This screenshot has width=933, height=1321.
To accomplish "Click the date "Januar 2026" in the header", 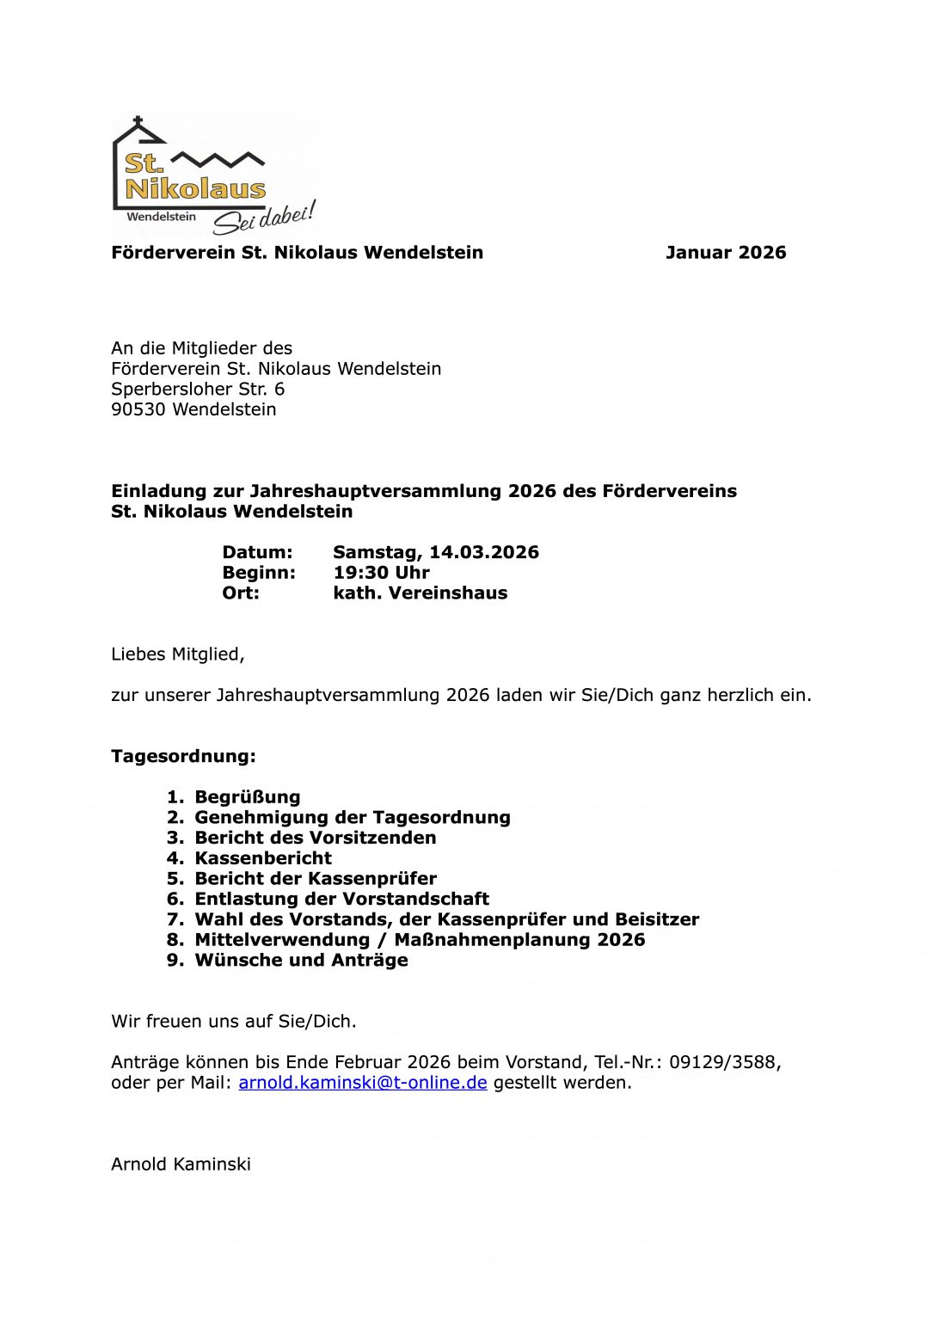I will tap(726, 253).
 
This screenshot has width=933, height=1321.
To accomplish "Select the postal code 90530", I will tap(138, 409).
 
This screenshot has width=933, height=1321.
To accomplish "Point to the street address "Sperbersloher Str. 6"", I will tap(198, 389).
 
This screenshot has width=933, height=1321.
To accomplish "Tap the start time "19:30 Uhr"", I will tap(381, 573).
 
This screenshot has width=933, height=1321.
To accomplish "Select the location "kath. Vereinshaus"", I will tap(420, 593).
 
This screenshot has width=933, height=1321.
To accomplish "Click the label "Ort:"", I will tap(241, 593).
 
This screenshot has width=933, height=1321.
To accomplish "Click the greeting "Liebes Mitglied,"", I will tap(178, 654).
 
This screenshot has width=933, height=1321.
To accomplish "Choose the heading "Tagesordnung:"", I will tap(183, 757).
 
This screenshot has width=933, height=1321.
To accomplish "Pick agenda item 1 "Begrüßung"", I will tap(248, 797).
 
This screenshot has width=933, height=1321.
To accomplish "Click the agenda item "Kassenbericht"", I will tap(263, 858).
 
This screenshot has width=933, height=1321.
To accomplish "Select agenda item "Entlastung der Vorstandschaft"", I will tap(341, 899).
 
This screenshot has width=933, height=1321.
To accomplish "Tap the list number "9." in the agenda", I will tap(175, 961).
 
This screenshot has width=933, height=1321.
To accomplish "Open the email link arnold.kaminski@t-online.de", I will tap(363, 1083).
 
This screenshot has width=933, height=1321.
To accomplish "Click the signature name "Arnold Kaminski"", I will tap(181, 1164).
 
